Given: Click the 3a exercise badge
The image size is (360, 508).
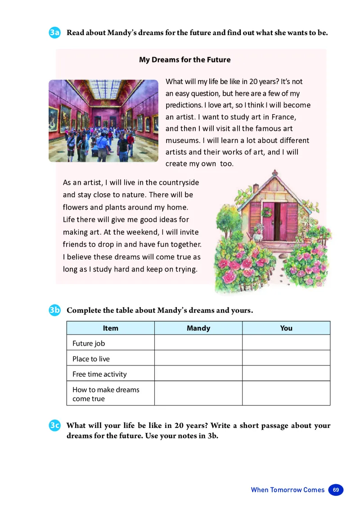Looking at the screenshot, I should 55,33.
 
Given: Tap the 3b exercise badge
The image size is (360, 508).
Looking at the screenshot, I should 55,311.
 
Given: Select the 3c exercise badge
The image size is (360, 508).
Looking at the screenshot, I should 55,426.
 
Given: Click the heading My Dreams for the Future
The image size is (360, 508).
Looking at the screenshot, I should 184,60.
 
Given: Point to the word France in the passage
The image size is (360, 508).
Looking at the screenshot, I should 282,117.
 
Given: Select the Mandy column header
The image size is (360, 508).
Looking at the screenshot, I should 198,328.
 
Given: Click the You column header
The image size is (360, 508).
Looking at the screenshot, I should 286,328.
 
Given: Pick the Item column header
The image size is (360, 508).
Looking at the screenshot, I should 110,328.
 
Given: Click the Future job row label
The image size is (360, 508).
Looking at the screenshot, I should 89,343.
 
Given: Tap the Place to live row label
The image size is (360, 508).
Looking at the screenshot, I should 91,359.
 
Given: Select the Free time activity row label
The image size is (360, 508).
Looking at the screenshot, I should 99,374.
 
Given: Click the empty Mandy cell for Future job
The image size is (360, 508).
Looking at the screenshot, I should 198,343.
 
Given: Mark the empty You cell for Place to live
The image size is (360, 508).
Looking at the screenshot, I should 286,358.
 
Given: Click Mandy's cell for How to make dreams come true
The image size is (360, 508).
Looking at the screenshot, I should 198,394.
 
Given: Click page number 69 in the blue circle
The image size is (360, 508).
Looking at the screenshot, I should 336,490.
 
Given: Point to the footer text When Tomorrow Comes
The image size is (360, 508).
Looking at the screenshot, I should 288,490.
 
